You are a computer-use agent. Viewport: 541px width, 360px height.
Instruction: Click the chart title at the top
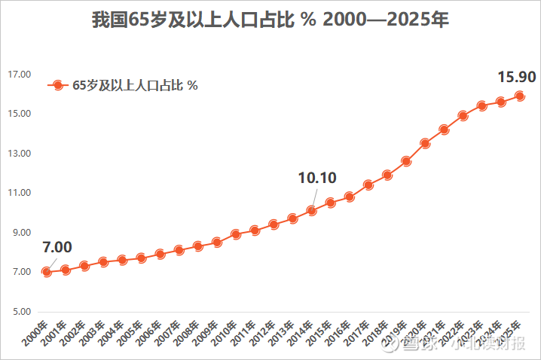point(270,20)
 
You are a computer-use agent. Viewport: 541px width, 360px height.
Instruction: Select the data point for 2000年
point(47,272)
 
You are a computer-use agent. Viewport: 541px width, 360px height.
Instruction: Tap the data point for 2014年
point(311,211)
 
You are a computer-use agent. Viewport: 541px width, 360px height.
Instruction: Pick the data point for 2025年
point(520,96)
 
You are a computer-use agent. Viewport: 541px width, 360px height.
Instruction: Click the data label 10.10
point(317,178)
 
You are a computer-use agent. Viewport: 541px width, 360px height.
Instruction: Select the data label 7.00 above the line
point(57,247)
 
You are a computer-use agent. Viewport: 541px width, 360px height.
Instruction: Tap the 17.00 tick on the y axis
point(19,75)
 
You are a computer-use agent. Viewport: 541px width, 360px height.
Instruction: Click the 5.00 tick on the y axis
point(20,311)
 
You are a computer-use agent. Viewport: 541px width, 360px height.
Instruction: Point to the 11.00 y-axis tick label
point(19,193)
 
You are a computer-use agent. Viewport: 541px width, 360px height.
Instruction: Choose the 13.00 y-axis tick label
point(19,154)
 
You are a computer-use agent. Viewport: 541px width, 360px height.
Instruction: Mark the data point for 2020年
point(425,143)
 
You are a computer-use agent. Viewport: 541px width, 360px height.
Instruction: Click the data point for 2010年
point(236,234)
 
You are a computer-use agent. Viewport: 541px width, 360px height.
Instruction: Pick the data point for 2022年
point(463,116)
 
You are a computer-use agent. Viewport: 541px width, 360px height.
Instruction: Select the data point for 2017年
point(368,185)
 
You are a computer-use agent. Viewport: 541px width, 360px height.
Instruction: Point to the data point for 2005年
point(141,258)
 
